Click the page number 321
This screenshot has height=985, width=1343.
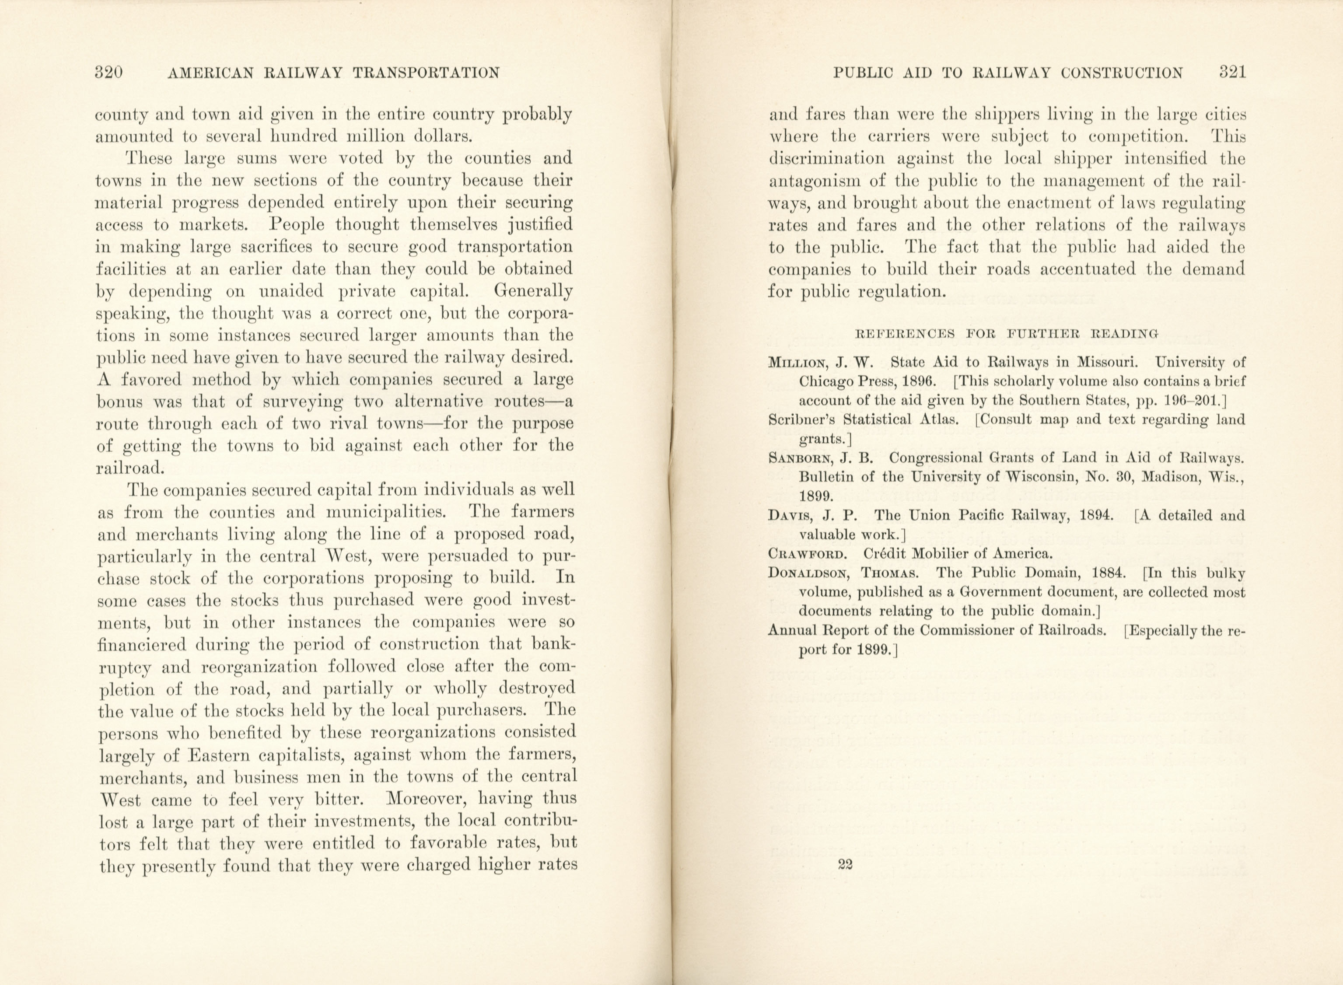tap(1232, 73)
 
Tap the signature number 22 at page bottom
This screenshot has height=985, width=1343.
tap(845, 865)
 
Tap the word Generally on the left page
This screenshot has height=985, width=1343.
tap(533, 292)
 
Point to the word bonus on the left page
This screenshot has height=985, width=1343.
tap(118, 402)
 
